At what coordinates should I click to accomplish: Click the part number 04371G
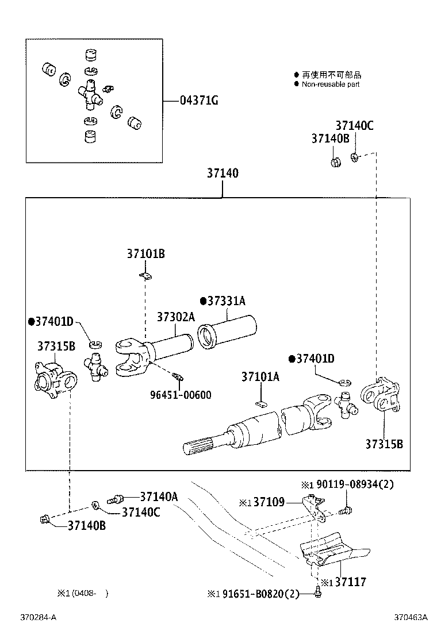199,101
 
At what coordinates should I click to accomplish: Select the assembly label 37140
223,173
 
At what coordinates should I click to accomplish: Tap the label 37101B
145,253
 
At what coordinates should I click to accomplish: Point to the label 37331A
225,301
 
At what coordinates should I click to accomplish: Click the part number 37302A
176,317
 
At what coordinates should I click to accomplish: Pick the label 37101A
260,377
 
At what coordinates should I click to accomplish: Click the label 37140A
159,496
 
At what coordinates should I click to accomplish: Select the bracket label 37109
269,503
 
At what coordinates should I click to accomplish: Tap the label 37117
350,582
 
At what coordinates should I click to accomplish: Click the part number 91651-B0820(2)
261,594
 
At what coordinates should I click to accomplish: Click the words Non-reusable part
331,84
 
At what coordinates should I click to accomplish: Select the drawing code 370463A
411,618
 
